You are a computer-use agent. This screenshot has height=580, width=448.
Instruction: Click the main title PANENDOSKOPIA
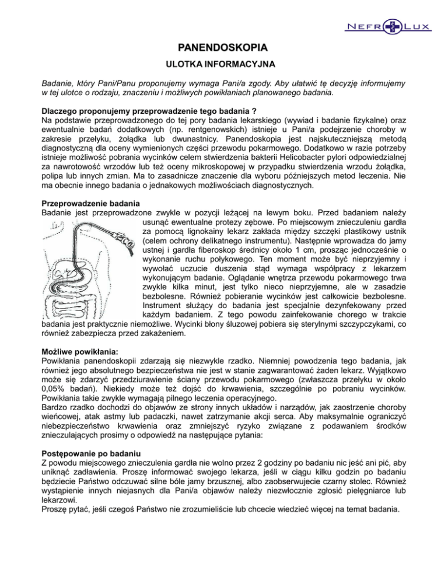coord(223,47)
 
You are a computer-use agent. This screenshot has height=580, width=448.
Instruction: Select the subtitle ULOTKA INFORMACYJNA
coord(223,64)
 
